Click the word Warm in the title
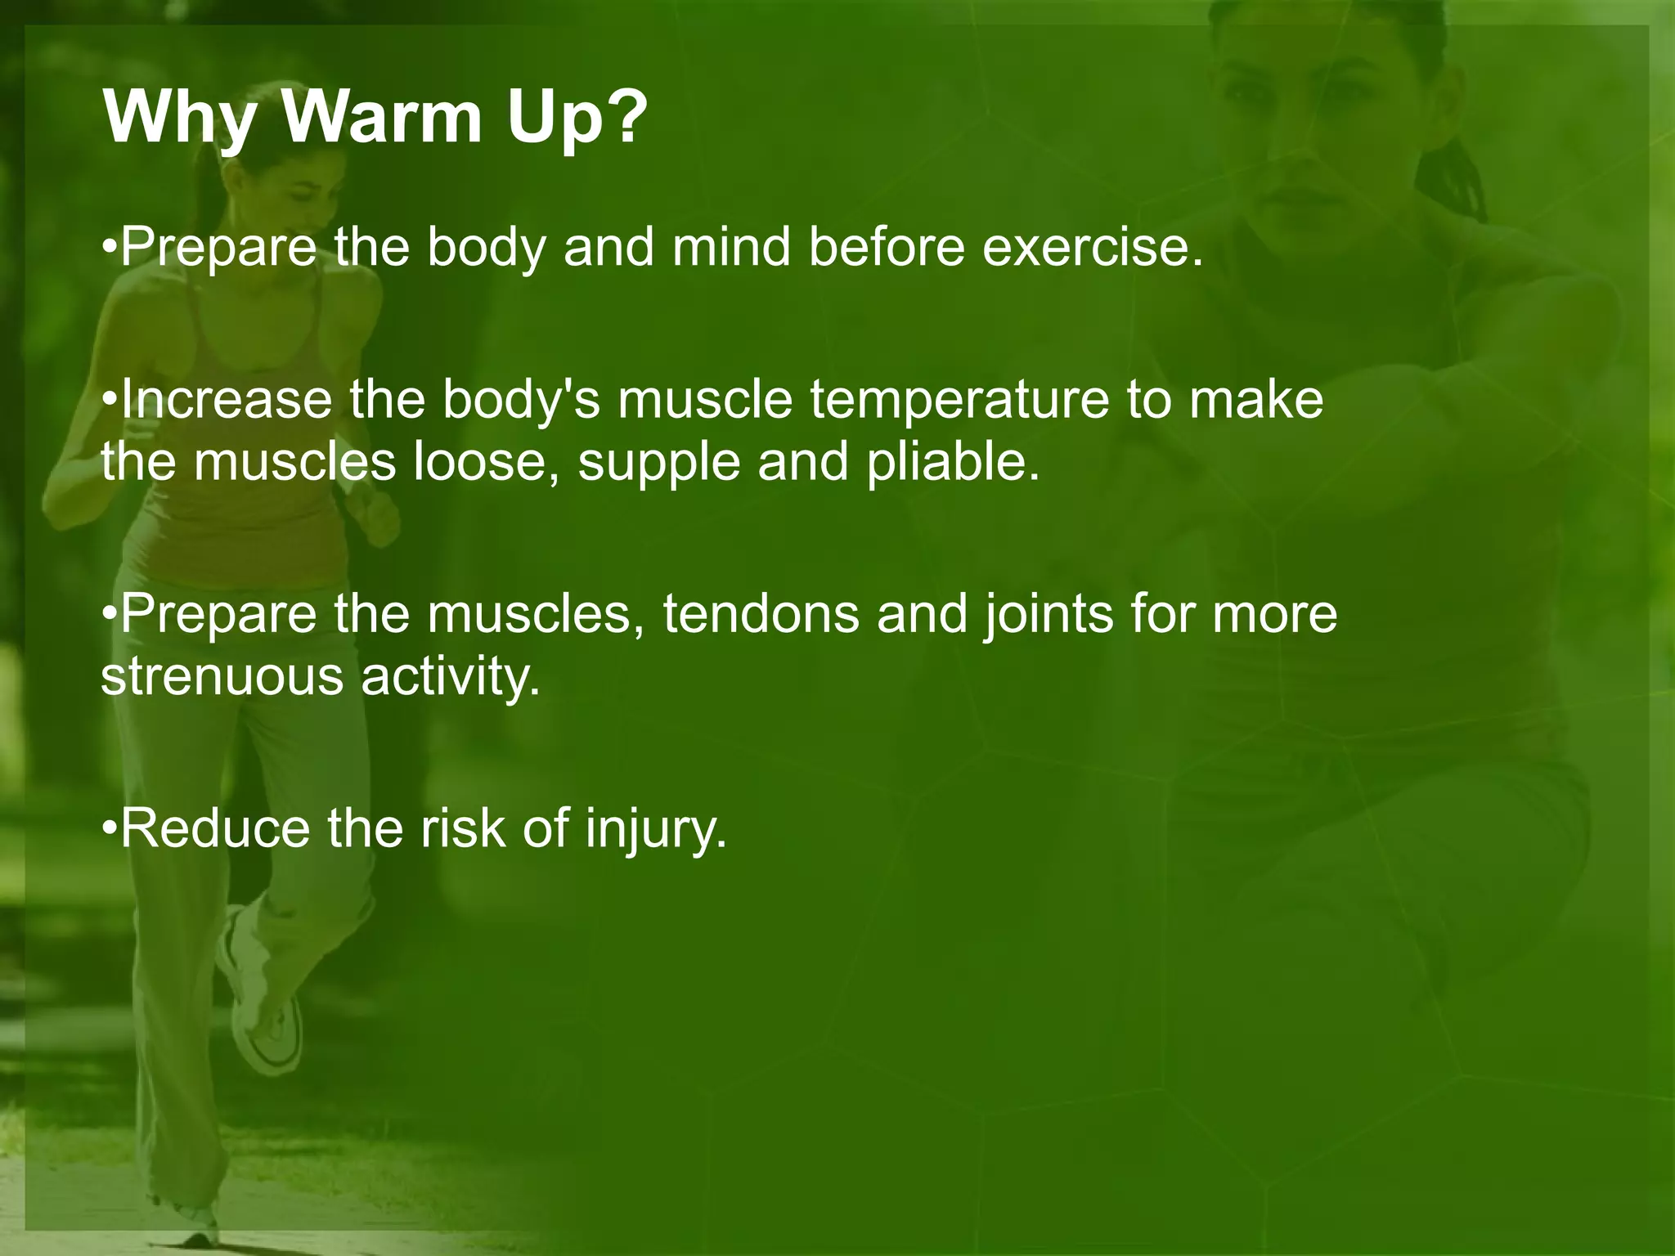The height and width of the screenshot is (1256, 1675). click(382, 117)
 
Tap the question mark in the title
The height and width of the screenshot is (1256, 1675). click(620, 117)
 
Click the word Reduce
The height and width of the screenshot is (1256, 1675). click(215, 828)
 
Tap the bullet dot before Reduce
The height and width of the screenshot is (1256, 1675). click(110, 829)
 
